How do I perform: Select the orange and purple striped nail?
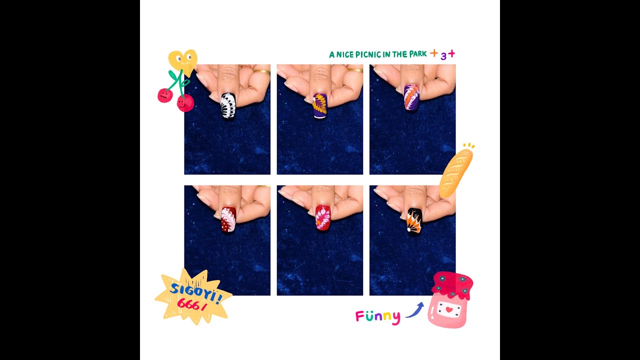[x=411, y=97]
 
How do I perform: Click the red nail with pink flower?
[x=322, y=217]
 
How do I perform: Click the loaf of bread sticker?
[x=455, y=171]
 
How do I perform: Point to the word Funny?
[x=377, y=316]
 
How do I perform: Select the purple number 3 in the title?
[x=443, y=56]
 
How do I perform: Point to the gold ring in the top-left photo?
[x=261, y=72]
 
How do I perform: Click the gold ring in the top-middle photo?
[x=354, y=70]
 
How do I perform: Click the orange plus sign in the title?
[x=433, y=53]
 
